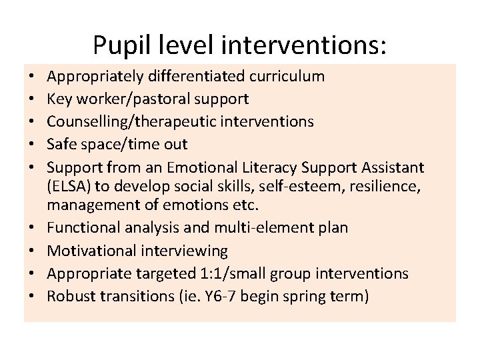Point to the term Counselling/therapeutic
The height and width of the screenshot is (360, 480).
(x=117, y=121)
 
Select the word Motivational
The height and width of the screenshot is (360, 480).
(x=91, y=251)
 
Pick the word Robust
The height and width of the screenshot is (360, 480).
(x=71, y=296)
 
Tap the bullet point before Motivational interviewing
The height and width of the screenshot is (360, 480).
(x=32, y=251)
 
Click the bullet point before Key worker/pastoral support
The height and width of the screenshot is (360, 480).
(x=32, y=99)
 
